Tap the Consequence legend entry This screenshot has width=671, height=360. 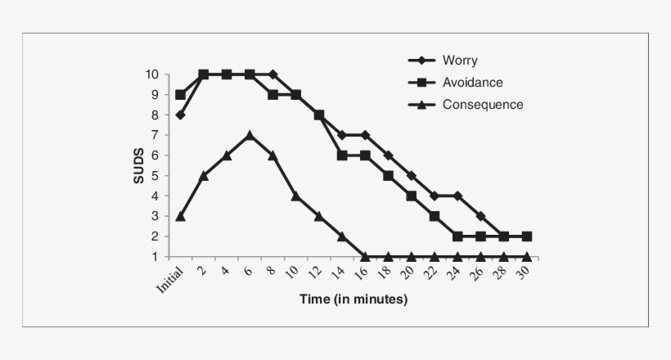(x=482, y=104)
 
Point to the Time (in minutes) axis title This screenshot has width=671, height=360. (x=354, y=299)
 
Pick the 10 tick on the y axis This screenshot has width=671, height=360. (x=152, y=74)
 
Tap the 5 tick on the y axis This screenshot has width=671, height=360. (x=155, y=176)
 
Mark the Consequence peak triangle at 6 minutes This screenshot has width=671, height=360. (x=250, y=135)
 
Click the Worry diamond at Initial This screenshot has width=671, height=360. (x=180, y=115)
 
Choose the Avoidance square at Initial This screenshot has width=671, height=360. (x=180, y=94)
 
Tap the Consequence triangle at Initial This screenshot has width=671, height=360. (x=180, y=216)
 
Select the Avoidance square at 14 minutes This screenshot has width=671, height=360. (x=342, y=155)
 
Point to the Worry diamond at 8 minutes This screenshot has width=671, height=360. (x=272, y=74)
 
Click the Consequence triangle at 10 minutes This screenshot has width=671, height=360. (x=295, y=196)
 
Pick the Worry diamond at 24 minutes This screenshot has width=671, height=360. (x=457, y=196)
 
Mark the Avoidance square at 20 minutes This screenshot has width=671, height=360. (x=411, y=196)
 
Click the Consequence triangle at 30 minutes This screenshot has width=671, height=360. (x=527, y=256)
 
